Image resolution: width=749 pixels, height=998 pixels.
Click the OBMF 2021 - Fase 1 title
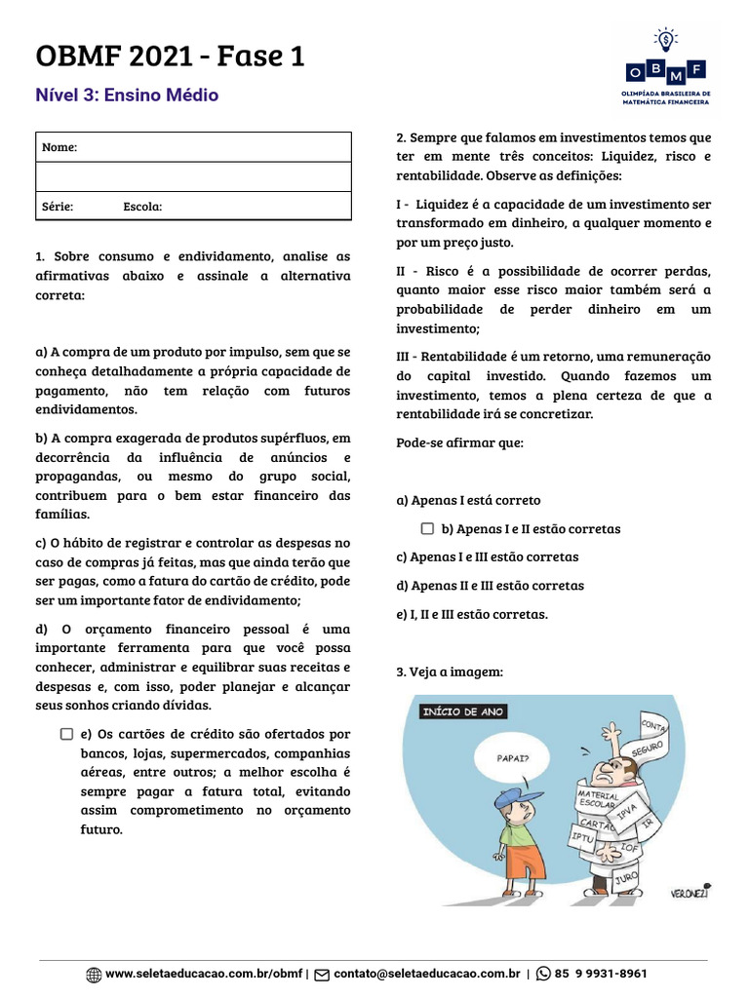click(x=170, y=57)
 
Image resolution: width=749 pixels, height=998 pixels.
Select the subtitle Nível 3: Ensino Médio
click(x=127, y=96)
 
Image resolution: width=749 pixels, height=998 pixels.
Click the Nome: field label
click(x=59, y=147)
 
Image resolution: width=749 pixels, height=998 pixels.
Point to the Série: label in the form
click(x=58, y=207)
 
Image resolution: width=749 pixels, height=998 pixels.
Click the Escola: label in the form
click(x=142, y=207)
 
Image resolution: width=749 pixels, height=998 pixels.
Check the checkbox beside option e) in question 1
click(x=66, y=734)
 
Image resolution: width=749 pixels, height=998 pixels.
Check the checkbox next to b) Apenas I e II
click(x=427, y=529)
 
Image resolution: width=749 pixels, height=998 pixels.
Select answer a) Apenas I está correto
click(x=468, y=500)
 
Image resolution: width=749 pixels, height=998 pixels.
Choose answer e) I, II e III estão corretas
click(x=471, y=614)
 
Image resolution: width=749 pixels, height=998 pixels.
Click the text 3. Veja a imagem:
click(x=450, y=672)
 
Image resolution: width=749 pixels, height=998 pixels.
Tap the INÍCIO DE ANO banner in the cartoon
click(x=463, y=711)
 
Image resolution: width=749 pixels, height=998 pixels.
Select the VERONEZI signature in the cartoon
click(x=689, y=892)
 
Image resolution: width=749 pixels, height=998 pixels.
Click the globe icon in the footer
click(x=94, y=974)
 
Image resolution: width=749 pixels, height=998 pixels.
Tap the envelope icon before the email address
click(x=321, y=974)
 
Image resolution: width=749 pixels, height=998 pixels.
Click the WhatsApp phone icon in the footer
click(x=543, y=974)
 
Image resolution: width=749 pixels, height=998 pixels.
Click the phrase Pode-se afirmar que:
click(x=459, y=442)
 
